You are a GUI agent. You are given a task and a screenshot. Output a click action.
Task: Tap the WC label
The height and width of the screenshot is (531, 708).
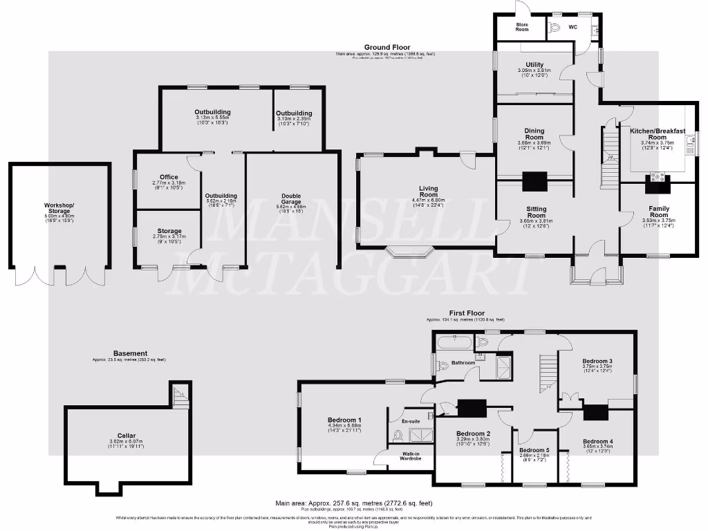coord(572,28)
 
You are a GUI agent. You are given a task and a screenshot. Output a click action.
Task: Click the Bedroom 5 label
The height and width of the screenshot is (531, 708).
coord(533,451)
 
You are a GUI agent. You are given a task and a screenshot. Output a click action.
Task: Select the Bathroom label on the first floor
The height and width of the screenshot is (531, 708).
coord(463,362)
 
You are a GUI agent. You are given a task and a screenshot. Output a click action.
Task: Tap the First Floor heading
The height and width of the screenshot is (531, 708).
coord(465,313)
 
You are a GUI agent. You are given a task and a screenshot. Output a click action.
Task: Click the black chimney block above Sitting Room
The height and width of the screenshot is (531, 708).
coord(534,182)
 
